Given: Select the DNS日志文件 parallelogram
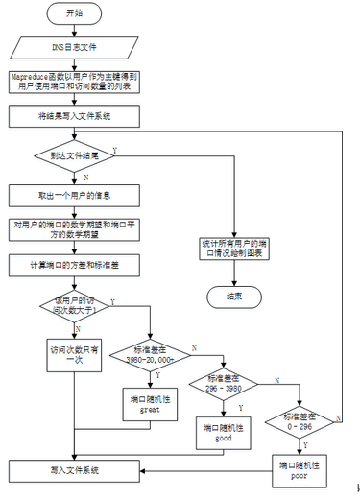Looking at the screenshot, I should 74,45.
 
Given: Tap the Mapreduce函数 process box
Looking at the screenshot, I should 75,81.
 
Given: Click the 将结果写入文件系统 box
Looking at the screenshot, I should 75,115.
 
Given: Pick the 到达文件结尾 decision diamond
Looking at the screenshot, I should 75,154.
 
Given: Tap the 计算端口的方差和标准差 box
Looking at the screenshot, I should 75,263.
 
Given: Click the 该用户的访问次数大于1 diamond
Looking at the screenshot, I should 75,306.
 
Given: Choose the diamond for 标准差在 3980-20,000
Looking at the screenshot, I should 152,351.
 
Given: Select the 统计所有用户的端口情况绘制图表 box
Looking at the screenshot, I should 234,247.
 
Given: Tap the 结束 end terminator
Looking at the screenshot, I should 234,297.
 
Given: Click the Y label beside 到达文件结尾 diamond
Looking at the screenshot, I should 117,148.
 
